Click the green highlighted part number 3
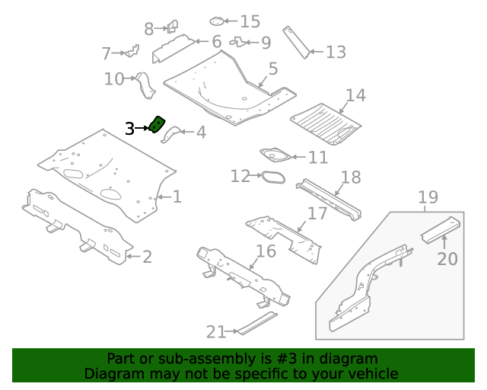tap(158, 124)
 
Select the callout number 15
tap(250, 21)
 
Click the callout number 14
tap(355, 95)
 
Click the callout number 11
tap(318, 158)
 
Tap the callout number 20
tap(447, 259)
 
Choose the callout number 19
tap(428, 198)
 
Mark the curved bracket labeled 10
tap(145, 84)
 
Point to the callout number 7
tap(107, 53)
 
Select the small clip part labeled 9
tap(237, 42)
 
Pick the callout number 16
tap(265, 251)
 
